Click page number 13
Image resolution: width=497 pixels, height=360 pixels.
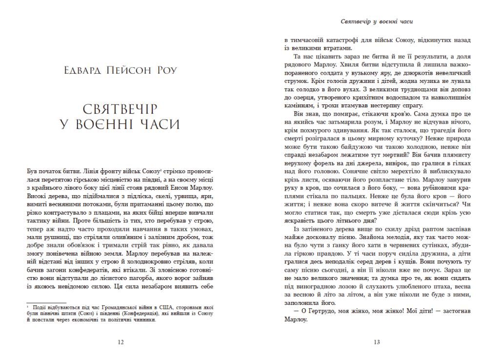click(377, 342)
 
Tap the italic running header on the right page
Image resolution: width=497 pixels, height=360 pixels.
click(377, 22)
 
